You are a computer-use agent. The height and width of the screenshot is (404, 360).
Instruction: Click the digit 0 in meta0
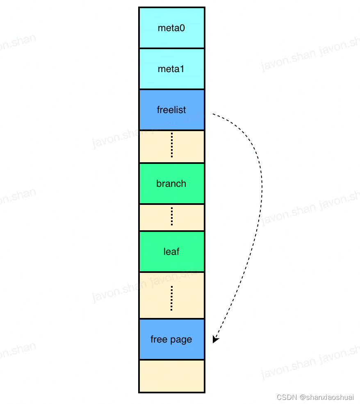[182, 28]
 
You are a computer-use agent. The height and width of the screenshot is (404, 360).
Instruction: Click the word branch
[171, 184]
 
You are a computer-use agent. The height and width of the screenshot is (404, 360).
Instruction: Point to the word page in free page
[182, 340]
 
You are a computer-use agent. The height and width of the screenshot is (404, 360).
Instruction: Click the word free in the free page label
[158, 339]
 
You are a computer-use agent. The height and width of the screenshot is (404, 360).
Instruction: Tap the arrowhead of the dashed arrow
[215, 339]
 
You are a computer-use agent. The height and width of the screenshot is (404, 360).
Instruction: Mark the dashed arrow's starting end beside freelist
[213, 114]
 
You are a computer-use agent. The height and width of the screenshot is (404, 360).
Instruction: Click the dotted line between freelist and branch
[171, 145]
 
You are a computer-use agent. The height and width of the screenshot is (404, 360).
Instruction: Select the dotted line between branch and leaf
[171, 216]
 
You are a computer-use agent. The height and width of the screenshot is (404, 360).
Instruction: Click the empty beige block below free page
[171, 376]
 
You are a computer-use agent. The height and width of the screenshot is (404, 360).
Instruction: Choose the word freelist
[171, 110]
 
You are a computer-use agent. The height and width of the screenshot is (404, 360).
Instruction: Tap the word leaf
[171, 252]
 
